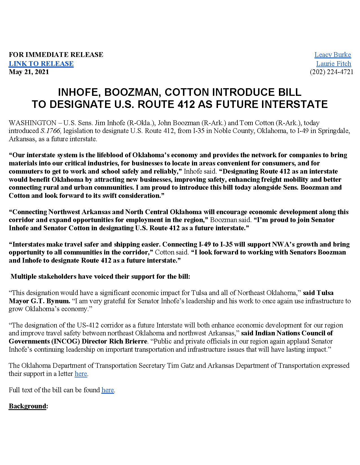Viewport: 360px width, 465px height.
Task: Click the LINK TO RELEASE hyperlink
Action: [x=41, y=64]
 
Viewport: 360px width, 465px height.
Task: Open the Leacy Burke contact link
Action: [x=333, y=55]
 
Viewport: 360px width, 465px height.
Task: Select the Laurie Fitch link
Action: [x=333, y=64]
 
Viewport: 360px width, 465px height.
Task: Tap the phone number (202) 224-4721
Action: [x=331, y=72]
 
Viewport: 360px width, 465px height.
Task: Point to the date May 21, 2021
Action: [x=29, y=72]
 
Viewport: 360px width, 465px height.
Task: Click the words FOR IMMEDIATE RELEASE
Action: [x=56, y=55]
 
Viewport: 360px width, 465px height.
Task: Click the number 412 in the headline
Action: [x=186, y=105]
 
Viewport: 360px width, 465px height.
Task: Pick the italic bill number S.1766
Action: [x=51, y=131]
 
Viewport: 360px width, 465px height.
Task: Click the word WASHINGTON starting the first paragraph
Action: [x=32, y=123]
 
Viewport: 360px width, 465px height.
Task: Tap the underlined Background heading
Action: [x=27, y=406]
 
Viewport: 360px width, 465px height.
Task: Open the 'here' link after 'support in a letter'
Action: [x=81, y=374]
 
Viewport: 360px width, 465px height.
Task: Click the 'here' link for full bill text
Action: [x=108, y=390]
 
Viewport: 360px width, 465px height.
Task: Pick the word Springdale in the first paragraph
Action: [x=334, y=131]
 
